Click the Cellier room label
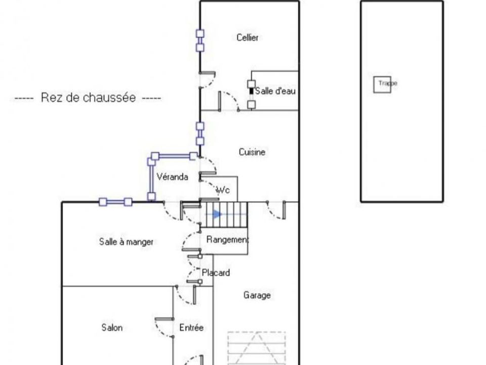(x=248, y=38)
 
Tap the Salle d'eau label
(x=275, y=91)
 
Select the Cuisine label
(x=252, y=152)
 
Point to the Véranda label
(x=172, y=177)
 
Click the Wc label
(x=223, y=190)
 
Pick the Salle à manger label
(x=126, y=242)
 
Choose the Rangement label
(x=227, y=240)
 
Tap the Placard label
(x=216, y=273)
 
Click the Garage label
(x=257, y=295)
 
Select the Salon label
(x=112, y=327)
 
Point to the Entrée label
(x=191, y=327)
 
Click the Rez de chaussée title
(x=88, y=97)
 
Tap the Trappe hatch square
(x=382, y=85)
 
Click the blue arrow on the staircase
(x=218, y=214)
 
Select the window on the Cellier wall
(x=200, y=41)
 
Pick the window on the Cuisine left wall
(x=200, y=134)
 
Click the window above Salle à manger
(x=115, y=202)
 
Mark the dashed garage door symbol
(x=257, y=348)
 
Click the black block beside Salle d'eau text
(x=252, y=91)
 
